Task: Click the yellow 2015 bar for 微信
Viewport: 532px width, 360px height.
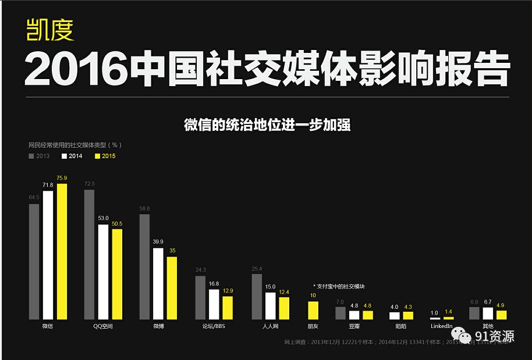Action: [x=62, y=251]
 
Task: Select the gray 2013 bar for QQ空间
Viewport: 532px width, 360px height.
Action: [x=89, y=254]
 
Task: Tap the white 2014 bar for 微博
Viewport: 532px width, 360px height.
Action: [x=158, y=283]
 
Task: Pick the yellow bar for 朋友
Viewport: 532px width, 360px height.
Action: [x=313, y=310]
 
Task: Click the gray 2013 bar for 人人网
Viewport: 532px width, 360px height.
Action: [x=257, y=296]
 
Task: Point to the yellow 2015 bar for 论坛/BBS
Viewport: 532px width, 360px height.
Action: [x=228, y=308]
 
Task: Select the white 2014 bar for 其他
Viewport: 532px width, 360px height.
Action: [x=488, y=313]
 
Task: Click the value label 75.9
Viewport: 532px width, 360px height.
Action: [x=62, y=178]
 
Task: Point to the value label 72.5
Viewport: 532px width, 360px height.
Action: [x=89, y=184]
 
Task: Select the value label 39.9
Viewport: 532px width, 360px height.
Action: [x=158, y=241]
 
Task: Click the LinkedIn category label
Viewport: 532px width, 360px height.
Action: [x=441, y=326]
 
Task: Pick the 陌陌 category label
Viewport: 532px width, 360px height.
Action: [x=401, y=326]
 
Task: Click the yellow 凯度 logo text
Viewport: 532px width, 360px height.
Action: [x=50, y=30]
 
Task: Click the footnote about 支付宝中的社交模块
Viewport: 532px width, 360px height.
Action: [x=339, y=286]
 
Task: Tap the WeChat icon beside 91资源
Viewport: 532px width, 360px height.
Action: [x=459, y=335]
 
